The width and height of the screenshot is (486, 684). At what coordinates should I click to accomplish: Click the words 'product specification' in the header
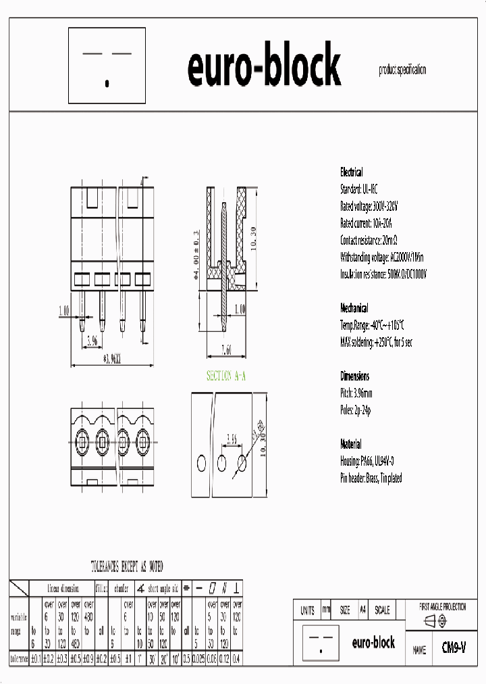402,70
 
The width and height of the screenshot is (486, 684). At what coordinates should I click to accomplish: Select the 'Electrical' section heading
351,172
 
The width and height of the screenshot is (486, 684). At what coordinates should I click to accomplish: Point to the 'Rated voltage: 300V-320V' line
369,206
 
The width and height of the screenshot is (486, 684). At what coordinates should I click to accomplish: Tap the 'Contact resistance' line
370,240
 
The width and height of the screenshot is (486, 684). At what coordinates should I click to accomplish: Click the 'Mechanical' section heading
354,308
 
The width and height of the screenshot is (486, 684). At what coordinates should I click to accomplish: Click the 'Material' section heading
350,444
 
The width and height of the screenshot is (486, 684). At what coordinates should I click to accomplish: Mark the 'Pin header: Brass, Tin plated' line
371,478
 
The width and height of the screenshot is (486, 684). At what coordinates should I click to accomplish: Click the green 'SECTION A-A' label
226,376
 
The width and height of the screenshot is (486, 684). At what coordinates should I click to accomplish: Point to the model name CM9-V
454,648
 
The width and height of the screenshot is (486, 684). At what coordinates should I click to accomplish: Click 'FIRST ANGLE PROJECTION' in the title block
443,607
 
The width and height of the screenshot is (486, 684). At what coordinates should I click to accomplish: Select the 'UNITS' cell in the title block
307,610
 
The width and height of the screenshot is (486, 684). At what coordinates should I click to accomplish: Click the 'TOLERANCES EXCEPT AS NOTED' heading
127,566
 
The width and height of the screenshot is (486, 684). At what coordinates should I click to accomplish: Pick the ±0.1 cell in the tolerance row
36,658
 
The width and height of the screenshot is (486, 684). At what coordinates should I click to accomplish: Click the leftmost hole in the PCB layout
201,463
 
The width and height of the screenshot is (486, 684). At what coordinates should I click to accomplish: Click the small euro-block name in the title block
373,643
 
